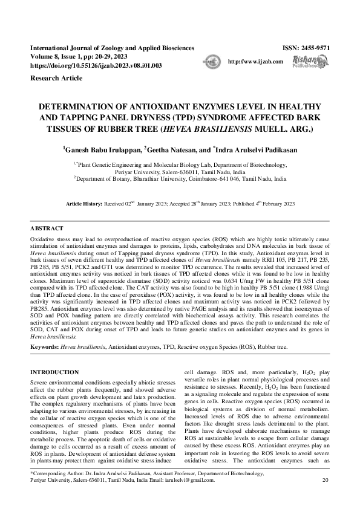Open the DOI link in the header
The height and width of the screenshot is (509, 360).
tap(96, 65)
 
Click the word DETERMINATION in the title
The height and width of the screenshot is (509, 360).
tap(80, 106)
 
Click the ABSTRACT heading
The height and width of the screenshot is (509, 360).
tap(47, 230)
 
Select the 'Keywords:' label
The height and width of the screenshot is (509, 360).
tap(44, 348)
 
